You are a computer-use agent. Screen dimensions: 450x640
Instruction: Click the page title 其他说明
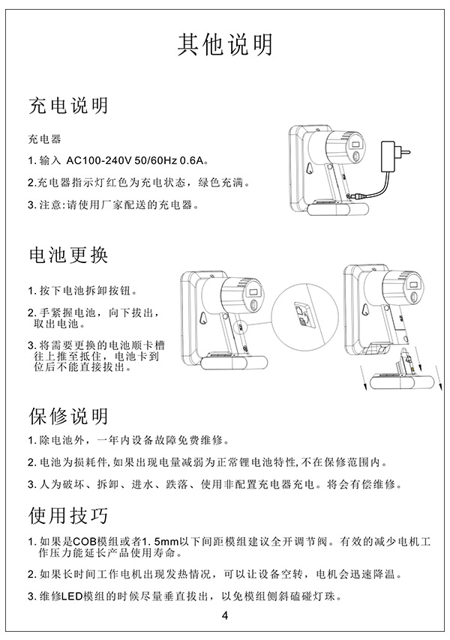tap(225, 44)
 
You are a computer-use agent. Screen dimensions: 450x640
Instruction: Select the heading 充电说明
tap(68, 106)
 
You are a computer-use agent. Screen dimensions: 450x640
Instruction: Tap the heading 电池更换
tap(68, 255)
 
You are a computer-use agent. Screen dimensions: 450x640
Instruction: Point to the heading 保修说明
tap(68, 417)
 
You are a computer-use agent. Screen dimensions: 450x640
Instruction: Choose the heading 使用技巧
tap(68, 515)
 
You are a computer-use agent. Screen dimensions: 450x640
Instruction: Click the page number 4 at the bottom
tap(225, 615)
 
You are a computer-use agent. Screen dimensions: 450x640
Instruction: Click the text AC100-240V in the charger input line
tap(98, 160)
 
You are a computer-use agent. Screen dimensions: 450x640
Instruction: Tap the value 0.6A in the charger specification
tap(191, 160)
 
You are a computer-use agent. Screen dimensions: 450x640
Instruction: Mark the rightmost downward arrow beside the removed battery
tap(439, 378)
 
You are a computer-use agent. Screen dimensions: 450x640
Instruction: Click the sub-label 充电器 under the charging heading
tap(44, 139)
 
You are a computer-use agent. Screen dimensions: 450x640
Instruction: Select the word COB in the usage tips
tap(84, 542)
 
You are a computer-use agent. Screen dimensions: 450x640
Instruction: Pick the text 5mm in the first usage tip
tap(166, 542)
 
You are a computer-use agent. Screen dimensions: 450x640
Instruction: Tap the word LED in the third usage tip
tap(72, 597)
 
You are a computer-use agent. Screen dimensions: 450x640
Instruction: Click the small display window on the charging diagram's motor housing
tap(355, 145)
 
